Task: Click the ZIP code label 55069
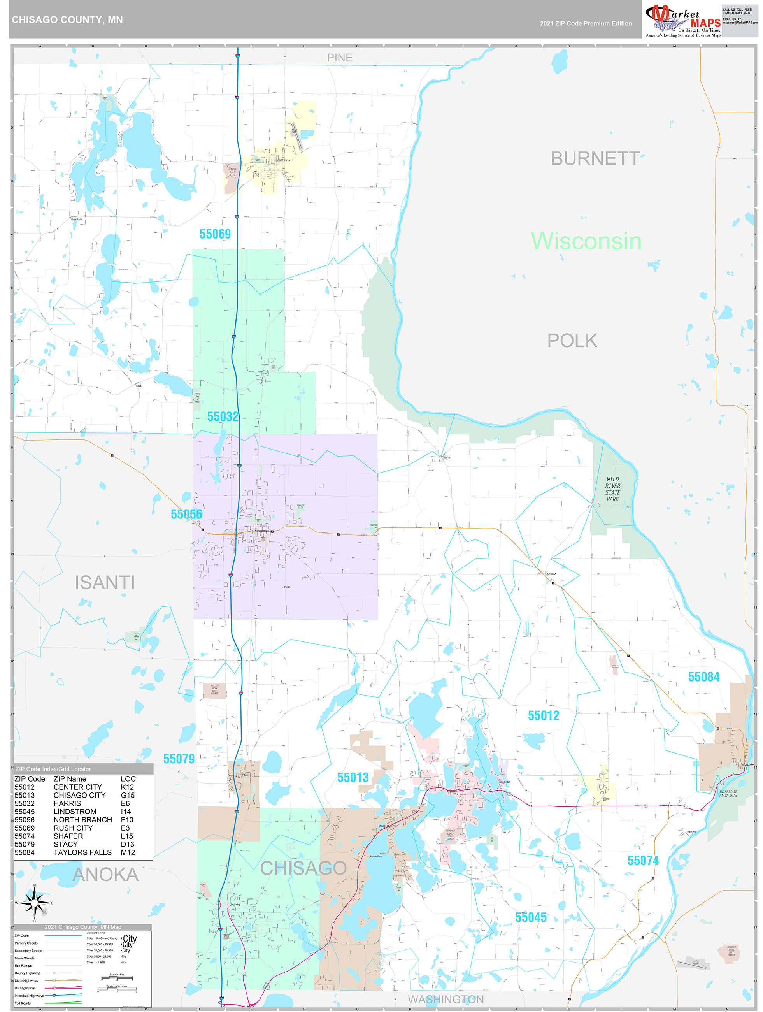[215, 234]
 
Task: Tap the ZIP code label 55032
[223, 417]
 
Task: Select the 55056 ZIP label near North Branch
[186, 514]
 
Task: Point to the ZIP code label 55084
[703, 676]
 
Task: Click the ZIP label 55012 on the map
[544, 715]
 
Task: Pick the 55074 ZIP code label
[643, 861]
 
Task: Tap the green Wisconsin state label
[586, 241]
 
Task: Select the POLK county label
[572, 341]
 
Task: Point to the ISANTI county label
[105, 582]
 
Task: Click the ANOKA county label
[106, 874]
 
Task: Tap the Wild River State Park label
[612, 489]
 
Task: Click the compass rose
[34, 903]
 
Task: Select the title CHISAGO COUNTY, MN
[67, 20]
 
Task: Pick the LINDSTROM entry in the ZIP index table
[75, 812]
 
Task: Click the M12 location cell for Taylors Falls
[128, 852]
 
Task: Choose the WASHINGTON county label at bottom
[446, 999]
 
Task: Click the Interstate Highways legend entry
[29, 996]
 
